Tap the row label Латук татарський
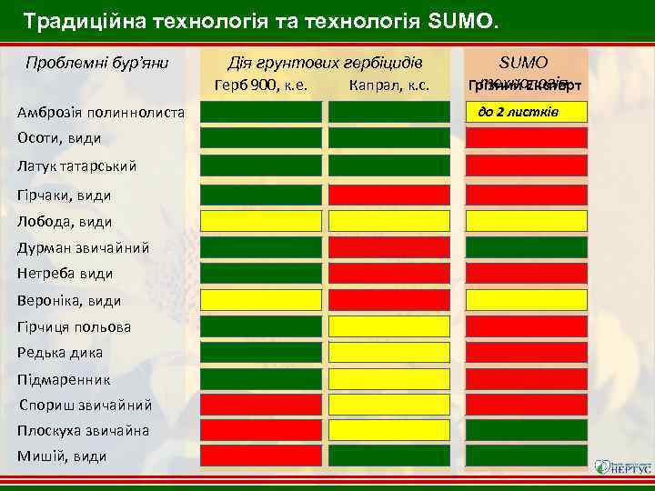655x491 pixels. point(76,166)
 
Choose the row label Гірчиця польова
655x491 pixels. point(74,326)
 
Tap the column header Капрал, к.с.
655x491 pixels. point(388,87)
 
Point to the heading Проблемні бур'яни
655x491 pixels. point(95,63)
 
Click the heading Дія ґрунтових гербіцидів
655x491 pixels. point(324,63)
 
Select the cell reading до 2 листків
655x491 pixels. point(524,112)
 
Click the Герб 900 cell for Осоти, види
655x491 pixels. point(261,138)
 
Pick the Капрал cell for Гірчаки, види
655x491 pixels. point(388,195)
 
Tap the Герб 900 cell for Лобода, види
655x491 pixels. point(261,221)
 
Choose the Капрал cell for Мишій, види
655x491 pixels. point(388,455)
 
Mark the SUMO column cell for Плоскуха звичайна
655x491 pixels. point(526,429)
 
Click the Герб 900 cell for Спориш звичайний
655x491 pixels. point(261,404)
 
